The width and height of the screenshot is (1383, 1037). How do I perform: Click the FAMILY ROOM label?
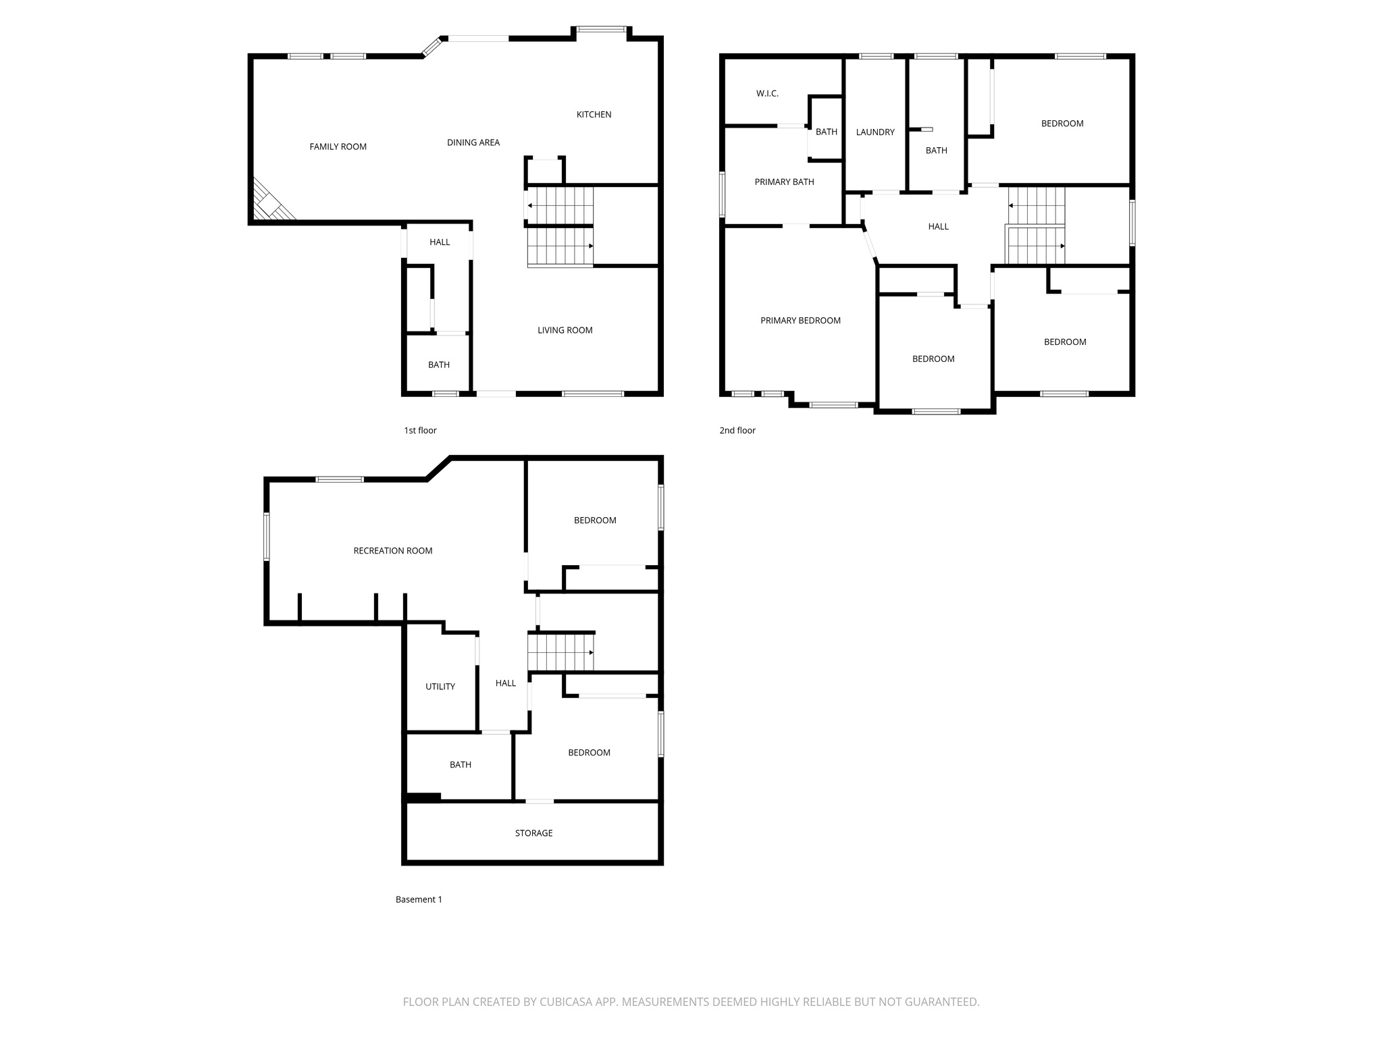338,147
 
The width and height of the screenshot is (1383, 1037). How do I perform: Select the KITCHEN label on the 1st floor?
594,115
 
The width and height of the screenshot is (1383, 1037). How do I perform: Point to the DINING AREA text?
473,142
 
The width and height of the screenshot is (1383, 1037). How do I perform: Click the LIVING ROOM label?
565,330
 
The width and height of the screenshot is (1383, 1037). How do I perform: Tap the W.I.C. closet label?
767,94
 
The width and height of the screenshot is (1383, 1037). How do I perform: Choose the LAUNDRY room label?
875,132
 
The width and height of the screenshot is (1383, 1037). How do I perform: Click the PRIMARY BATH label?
784,182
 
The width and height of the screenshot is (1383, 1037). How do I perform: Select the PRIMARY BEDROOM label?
800,321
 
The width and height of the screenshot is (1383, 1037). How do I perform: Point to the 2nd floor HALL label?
938,227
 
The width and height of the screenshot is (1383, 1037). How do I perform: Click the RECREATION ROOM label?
392,551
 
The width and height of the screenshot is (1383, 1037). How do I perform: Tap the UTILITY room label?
440,687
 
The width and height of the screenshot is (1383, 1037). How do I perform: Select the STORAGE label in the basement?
533,833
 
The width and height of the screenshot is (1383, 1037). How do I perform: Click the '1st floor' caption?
420,431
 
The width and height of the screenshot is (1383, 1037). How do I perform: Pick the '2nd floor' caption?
737,431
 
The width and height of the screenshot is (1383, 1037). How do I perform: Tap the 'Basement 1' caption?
419,899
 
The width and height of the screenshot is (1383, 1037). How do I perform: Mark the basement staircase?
560,652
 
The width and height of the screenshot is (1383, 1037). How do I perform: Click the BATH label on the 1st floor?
438,365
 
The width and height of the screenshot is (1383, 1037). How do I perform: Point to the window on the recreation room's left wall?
267,537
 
